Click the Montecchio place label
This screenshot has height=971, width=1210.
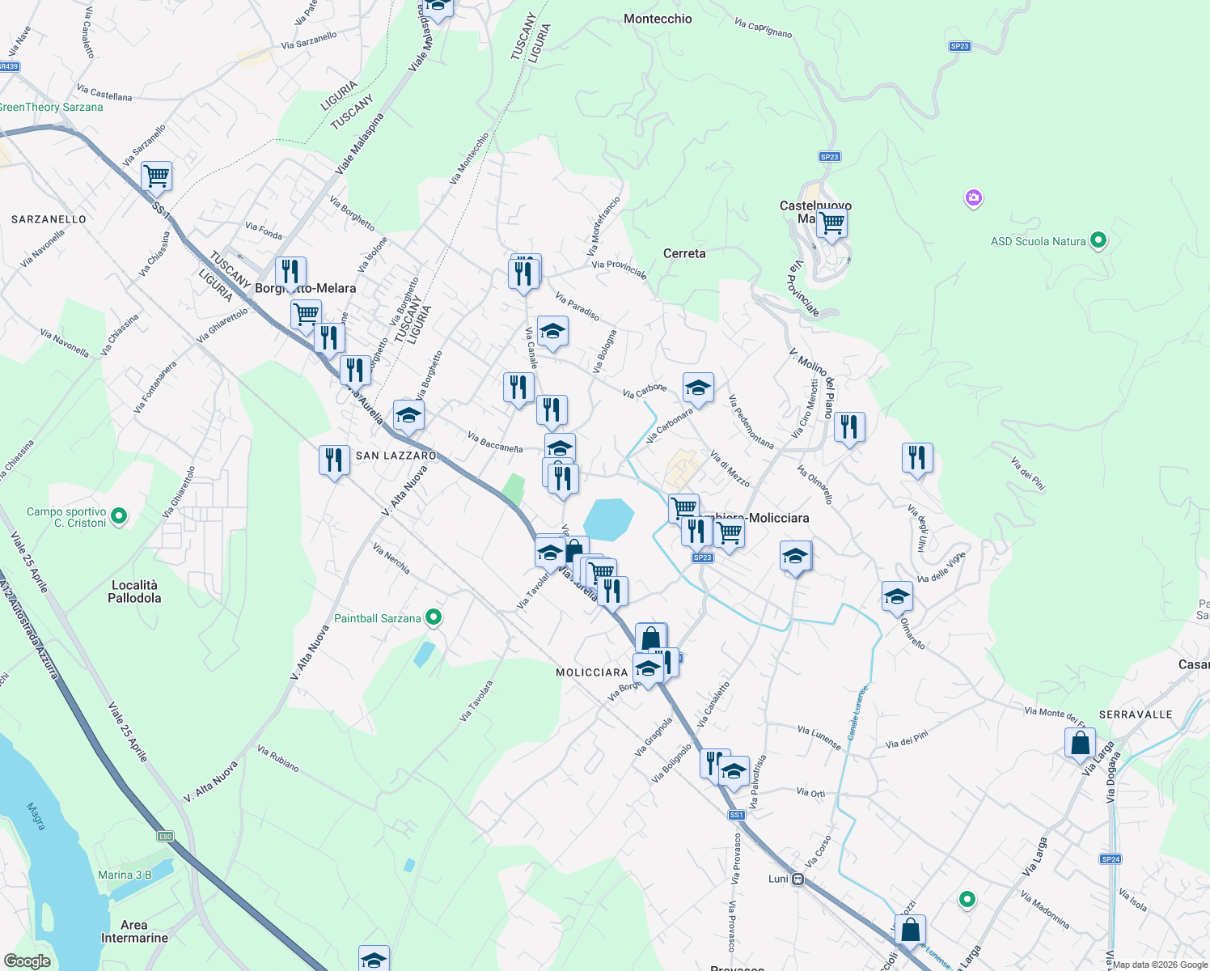(658, 19)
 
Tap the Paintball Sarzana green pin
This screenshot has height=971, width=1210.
(434, 618)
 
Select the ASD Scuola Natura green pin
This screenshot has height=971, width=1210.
(1098, 240)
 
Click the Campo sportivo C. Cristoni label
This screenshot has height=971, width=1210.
(66, 517)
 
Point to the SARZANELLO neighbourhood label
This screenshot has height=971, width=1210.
(49, 219)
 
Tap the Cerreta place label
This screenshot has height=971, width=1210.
(684, 253)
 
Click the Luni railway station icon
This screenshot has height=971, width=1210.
(798, 879)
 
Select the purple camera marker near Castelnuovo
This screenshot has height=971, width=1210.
(974, 197)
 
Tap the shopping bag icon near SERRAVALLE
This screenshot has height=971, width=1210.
(1080, 742)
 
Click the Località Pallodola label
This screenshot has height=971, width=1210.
(134, 592)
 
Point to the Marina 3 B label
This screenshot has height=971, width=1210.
(125, 875)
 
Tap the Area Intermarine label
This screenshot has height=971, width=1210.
(134, 931)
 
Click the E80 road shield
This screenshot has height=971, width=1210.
(165, 836)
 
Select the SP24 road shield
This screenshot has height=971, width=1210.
(1111, 859)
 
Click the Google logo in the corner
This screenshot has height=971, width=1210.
(27, 961)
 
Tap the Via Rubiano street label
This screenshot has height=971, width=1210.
(277, 758)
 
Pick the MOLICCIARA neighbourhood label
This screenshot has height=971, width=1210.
(592, 672)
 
